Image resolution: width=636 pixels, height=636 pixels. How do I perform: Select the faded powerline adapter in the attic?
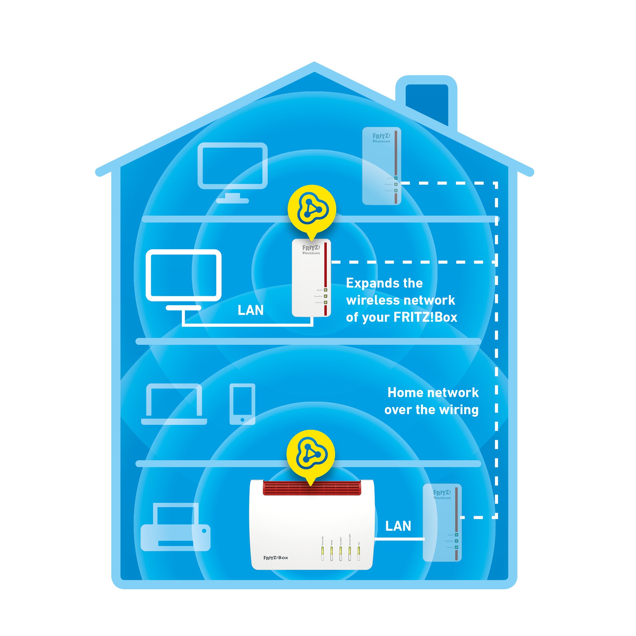pos(382,166)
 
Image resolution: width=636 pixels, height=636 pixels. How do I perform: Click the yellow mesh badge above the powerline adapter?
pos(311,209)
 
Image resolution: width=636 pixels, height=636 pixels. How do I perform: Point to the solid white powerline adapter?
pos(311,278)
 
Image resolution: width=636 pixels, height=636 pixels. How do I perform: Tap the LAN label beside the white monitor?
pos(251,310)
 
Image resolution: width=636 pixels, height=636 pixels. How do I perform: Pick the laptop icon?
pos(174,404)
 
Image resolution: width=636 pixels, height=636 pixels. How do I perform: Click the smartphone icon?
pos(242,404)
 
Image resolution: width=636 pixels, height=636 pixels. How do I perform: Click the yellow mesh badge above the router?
pos(311,454)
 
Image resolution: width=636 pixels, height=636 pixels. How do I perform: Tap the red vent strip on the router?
pos(312,487)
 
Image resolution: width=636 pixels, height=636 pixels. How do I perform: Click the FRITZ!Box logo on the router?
pos(275,558)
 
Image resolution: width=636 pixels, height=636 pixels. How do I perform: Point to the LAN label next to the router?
pos(398,526)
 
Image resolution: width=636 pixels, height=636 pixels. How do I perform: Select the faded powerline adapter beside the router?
pos(442,522)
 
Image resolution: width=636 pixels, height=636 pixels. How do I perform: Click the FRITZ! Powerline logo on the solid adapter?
pos(311,250)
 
